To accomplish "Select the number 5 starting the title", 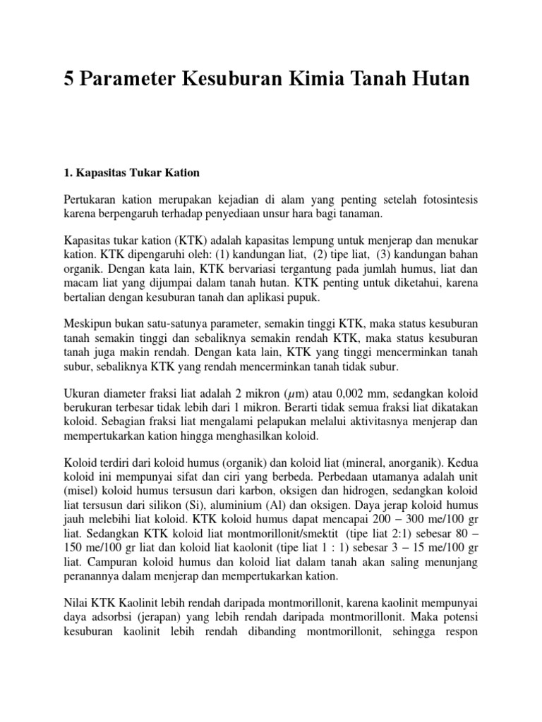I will [69, 79].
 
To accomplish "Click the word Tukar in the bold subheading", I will [140, 172].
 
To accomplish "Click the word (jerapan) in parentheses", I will [154, 616].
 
